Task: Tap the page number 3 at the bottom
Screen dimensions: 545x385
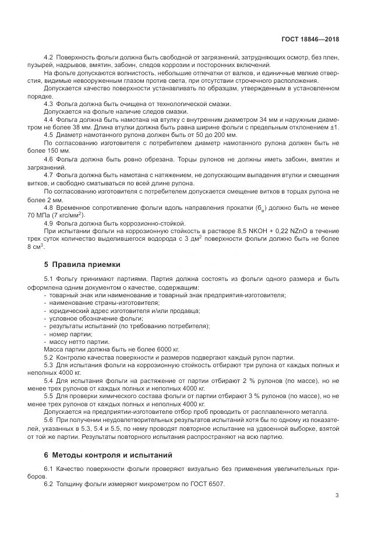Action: [x=337, y=495]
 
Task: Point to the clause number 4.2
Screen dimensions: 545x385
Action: [x=49, y=58]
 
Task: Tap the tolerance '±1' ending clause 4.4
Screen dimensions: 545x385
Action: [x=335, y=127]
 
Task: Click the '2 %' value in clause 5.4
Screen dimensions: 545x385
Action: [x=242, y=380]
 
